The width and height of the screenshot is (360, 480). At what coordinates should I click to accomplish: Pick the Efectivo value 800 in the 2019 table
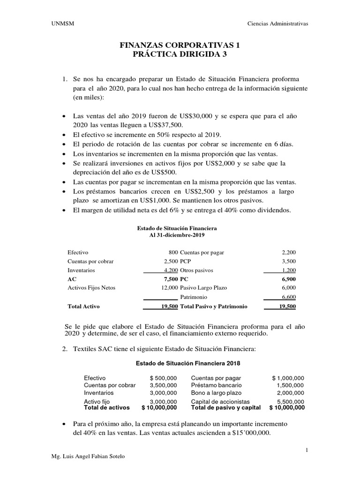point(173,252)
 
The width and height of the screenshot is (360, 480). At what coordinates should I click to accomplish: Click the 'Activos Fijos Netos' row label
point(91,288)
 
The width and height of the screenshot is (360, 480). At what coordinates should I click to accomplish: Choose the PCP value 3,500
point(288,261)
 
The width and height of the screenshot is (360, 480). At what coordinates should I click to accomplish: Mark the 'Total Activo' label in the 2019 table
point(84,306)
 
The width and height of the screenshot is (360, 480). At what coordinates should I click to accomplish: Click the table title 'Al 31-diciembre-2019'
point(177,234)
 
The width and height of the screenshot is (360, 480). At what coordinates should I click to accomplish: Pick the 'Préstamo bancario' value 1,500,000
point(290,385)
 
